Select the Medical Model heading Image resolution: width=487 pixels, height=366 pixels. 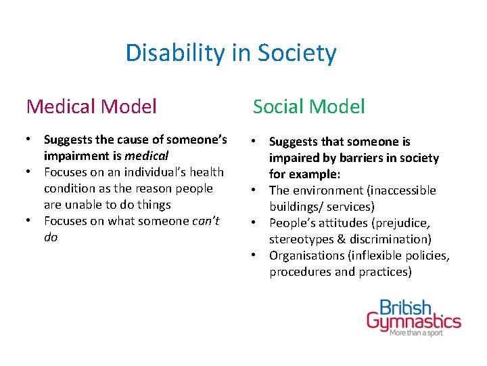coord(91,106)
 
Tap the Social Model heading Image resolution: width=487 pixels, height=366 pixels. coord(308,106)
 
